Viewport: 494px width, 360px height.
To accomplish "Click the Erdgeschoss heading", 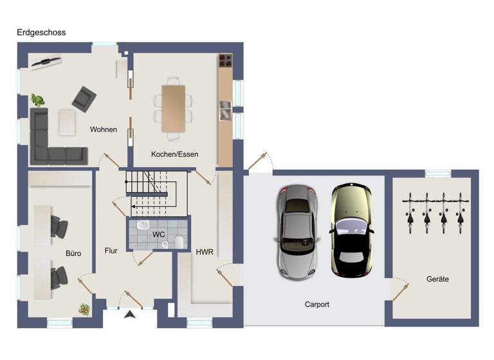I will tap(41, 32).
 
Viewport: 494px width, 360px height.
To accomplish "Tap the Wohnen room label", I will tap(104, 130).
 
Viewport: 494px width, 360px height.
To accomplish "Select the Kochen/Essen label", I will tap(174, 154).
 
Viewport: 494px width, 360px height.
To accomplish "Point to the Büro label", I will tap(73, 253).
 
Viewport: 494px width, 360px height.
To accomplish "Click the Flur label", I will tap(111, 251).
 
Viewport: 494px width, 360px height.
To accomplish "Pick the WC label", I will tap(158, 235).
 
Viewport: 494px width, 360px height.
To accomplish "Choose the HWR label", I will tap(205, 252).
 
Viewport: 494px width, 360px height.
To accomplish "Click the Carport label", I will tap(316, 304).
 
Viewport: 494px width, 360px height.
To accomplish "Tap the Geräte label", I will tap(437, 279).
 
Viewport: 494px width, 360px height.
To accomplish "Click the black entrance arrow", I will tap(130, 314).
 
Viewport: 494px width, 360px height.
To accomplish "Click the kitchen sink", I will tap(224, 111).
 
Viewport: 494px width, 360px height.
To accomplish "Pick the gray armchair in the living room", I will tap(83, 98).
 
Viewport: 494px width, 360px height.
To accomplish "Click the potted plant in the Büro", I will tap(84, 309).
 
